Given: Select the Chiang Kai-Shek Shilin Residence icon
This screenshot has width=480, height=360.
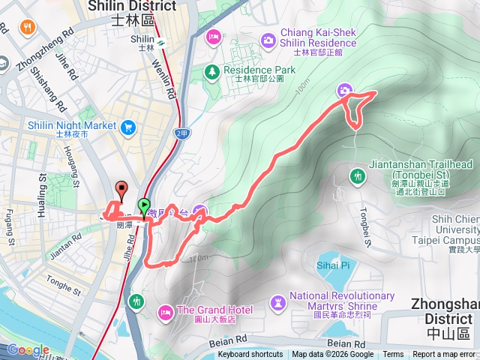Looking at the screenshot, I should coord(268,39).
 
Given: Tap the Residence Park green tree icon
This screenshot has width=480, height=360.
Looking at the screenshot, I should coord(213,71).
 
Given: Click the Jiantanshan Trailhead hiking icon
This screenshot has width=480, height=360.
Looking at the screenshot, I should coord(357,176).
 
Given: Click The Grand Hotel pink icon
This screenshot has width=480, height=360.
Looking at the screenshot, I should coord(165,310).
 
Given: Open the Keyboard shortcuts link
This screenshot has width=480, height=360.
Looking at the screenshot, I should coord(250,355).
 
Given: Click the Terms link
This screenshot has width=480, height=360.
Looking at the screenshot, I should coord(393,355).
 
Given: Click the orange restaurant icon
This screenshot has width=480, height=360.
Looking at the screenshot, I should coord(27,28).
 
